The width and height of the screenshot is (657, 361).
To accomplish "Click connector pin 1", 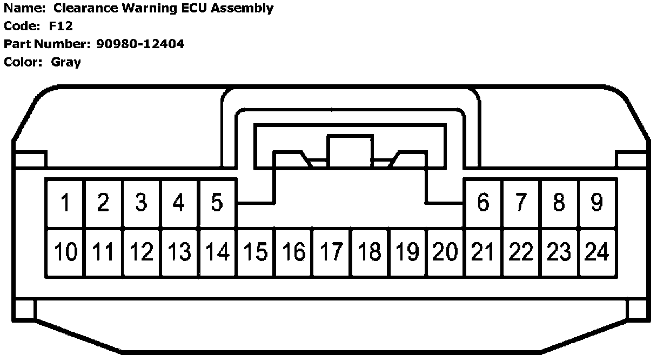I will coord(65,203).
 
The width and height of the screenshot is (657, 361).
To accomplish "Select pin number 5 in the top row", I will coord(217,203).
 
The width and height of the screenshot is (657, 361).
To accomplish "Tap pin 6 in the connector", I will coord(483,203).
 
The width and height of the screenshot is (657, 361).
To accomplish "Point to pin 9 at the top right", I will coord(596,203).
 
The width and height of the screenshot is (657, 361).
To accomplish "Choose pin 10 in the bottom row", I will coord(65,252).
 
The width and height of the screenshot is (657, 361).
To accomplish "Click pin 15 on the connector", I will coord(256,252).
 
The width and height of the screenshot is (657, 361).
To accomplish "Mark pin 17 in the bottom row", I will coord(332,252).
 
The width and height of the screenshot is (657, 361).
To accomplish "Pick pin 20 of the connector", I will coord(446,252).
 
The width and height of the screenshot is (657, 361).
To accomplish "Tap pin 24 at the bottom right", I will coord(597,252).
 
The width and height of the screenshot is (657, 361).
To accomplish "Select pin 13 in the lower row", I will coord(179,252).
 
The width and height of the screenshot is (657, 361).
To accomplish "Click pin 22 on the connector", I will coord(521,252).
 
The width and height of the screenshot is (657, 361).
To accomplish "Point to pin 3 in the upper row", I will coord(141,203).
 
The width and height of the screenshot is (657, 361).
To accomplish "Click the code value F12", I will coord(61,26).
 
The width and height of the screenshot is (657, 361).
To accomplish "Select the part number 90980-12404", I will coord(140,44).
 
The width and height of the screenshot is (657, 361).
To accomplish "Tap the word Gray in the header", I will coord(66,62).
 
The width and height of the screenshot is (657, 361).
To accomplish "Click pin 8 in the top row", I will coord(559,203).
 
